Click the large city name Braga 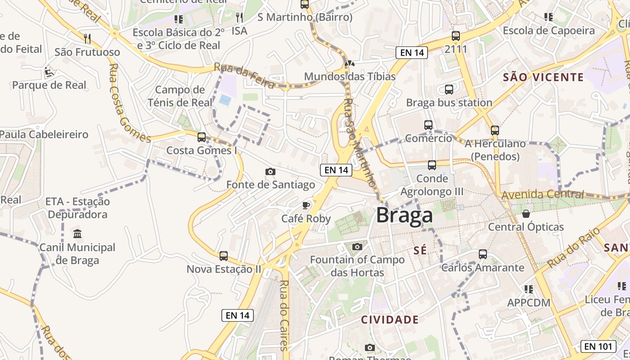[405, 216]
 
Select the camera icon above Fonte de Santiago [270, 171]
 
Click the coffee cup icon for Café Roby [306, 206]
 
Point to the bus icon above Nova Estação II [224, 256]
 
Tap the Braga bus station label [449, 103]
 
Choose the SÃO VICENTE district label [543, 77]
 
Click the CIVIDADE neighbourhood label [390, 320]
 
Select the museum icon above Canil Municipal [77, 234]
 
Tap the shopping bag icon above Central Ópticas [526, 213]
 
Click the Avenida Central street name [542, 195]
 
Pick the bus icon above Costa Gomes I [202, 137]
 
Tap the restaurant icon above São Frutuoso [87, 39]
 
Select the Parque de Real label [49, 85]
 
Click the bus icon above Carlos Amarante [483, 254]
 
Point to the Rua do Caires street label [283, 315]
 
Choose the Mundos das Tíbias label [350, 76]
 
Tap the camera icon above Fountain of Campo [357, 247]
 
